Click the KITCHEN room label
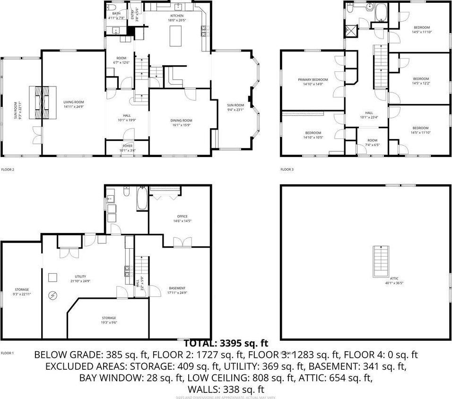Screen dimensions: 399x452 [176, 16]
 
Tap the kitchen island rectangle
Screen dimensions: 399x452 [176, 36]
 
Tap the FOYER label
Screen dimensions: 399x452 [128, 146]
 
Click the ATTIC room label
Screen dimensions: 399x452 [394, 279]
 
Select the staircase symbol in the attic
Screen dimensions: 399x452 [381, 261]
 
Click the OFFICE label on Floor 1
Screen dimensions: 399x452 [183, 217]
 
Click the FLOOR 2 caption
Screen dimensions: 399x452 [8, 169]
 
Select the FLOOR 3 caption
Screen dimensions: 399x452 [287, 169]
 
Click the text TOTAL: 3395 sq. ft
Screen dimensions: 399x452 [226, 343]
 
